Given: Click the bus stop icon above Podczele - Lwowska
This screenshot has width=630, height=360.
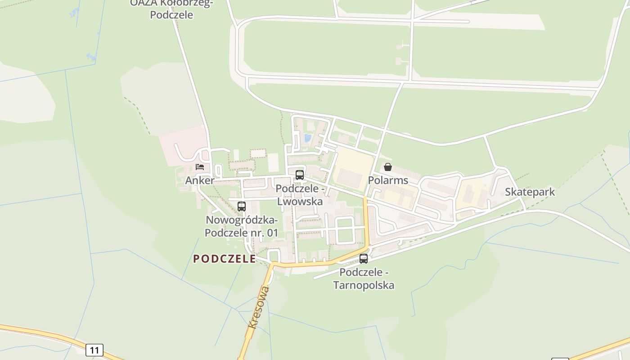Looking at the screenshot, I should pyautogui.click(x=299, y=175).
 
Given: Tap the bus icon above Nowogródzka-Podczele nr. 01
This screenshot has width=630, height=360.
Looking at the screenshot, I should pyautogui.click(x=242, y=207).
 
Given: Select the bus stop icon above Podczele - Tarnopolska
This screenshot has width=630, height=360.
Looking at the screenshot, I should pyautogui.click(x=364, y=259).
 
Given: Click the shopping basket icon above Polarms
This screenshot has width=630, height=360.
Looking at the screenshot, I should pyautogui.click(x=388, y=167).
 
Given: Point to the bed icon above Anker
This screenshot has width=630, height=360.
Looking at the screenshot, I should pyautogui.click(x=200, y=167).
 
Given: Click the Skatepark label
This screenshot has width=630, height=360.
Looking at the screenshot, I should pyautogui.click(x=530, y=192).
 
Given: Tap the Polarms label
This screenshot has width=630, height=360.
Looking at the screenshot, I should pyautogui.click(x=388, y=180).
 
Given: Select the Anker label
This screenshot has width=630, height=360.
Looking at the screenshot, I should pyautogui.click(x=200, y=180).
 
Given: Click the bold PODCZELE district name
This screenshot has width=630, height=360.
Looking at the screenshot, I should pyautogui.click(x=225, y=259).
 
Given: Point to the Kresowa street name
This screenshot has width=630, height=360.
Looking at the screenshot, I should pyautogui.click(x=258, y=307).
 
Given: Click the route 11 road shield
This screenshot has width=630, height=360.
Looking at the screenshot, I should pyautogui.click(x=94, y=350).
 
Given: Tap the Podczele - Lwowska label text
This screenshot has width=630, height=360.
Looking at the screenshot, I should pyautogui.click(x=300, y=195).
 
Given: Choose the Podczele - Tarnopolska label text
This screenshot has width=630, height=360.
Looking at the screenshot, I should pyautogui.click(x=364, y=279).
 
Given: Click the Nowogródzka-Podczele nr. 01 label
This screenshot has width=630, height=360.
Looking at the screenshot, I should pyautogui.click(x=242, y=226).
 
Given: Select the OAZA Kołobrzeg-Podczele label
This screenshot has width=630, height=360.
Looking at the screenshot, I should pyautogui.click(x=171, y=9).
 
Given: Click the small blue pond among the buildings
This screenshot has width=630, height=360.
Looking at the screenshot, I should pyautogui.click(x=308, y=138).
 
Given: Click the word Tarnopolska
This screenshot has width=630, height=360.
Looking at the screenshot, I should pyautogui.click(x=364, y=285).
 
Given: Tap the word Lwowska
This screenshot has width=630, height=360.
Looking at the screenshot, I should pyautogui.click(x=300, y=201).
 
